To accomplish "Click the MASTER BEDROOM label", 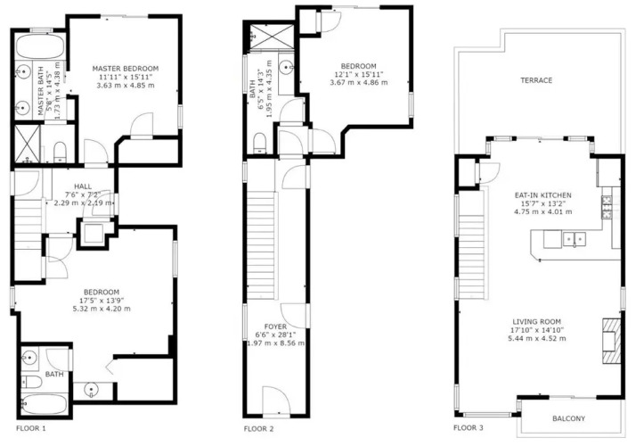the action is [126, 69].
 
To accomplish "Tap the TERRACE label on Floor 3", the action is [536, 80].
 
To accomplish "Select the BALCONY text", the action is [568, 418].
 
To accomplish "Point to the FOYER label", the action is [275, 326].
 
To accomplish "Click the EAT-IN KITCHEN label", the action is [543, 195].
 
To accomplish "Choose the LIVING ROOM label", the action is [536, 322].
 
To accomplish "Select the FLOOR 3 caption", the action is [468, 428].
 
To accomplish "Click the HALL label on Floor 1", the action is [83, 186].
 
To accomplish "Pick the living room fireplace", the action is [611, 341].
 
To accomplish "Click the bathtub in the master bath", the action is [40, 46].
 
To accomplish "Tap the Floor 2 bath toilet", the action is [259, 144].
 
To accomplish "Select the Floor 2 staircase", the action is [262, 246].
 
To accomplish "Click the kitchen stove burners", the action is [607, 207].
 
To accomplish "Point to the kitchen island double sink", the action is [574, 239].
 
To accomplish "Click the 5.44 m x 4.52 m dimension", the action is [536, 338].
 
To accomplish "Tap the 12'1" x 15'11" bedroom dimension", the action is [359, 74].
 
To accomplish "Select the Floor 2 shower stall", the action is [272, 37].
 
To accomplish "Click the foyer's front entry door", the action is [275, 401].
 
